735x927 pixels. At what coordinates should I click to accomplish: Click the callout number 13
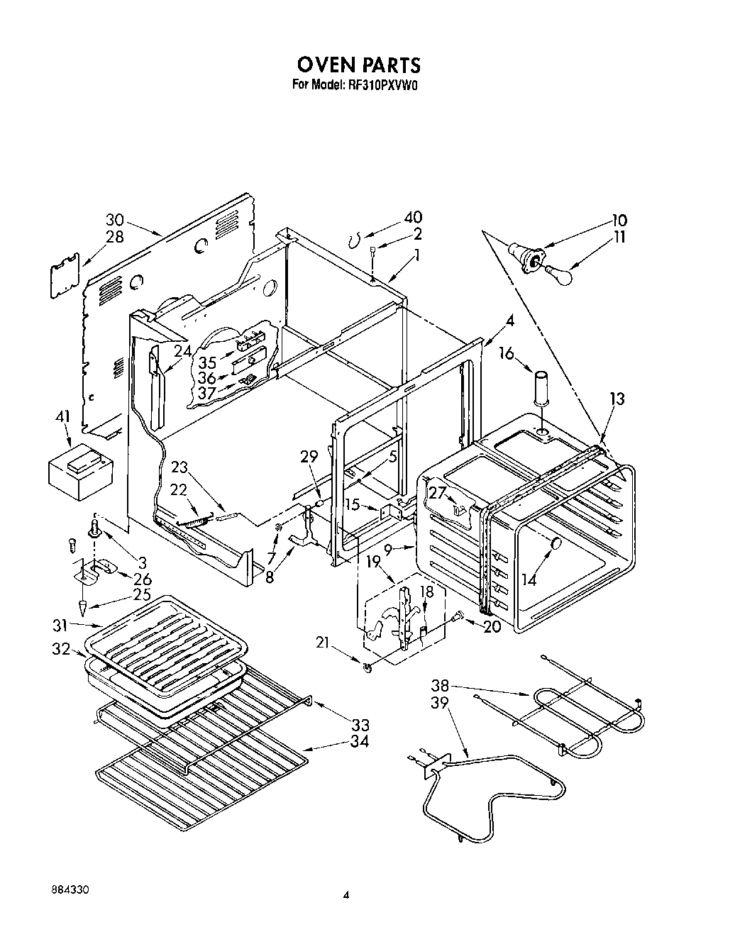[x=617, y=399]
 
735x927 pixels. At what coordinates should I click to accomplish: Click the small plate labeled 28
[x=65, y=277]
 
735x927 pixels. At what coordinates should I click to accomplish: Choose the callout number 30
[x=115, y=220]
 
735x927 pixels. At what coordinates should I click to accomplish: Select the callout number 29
[x=308, y=457]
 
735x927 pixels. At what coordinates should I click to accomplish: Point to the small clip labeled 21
[x=367, y=667]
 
